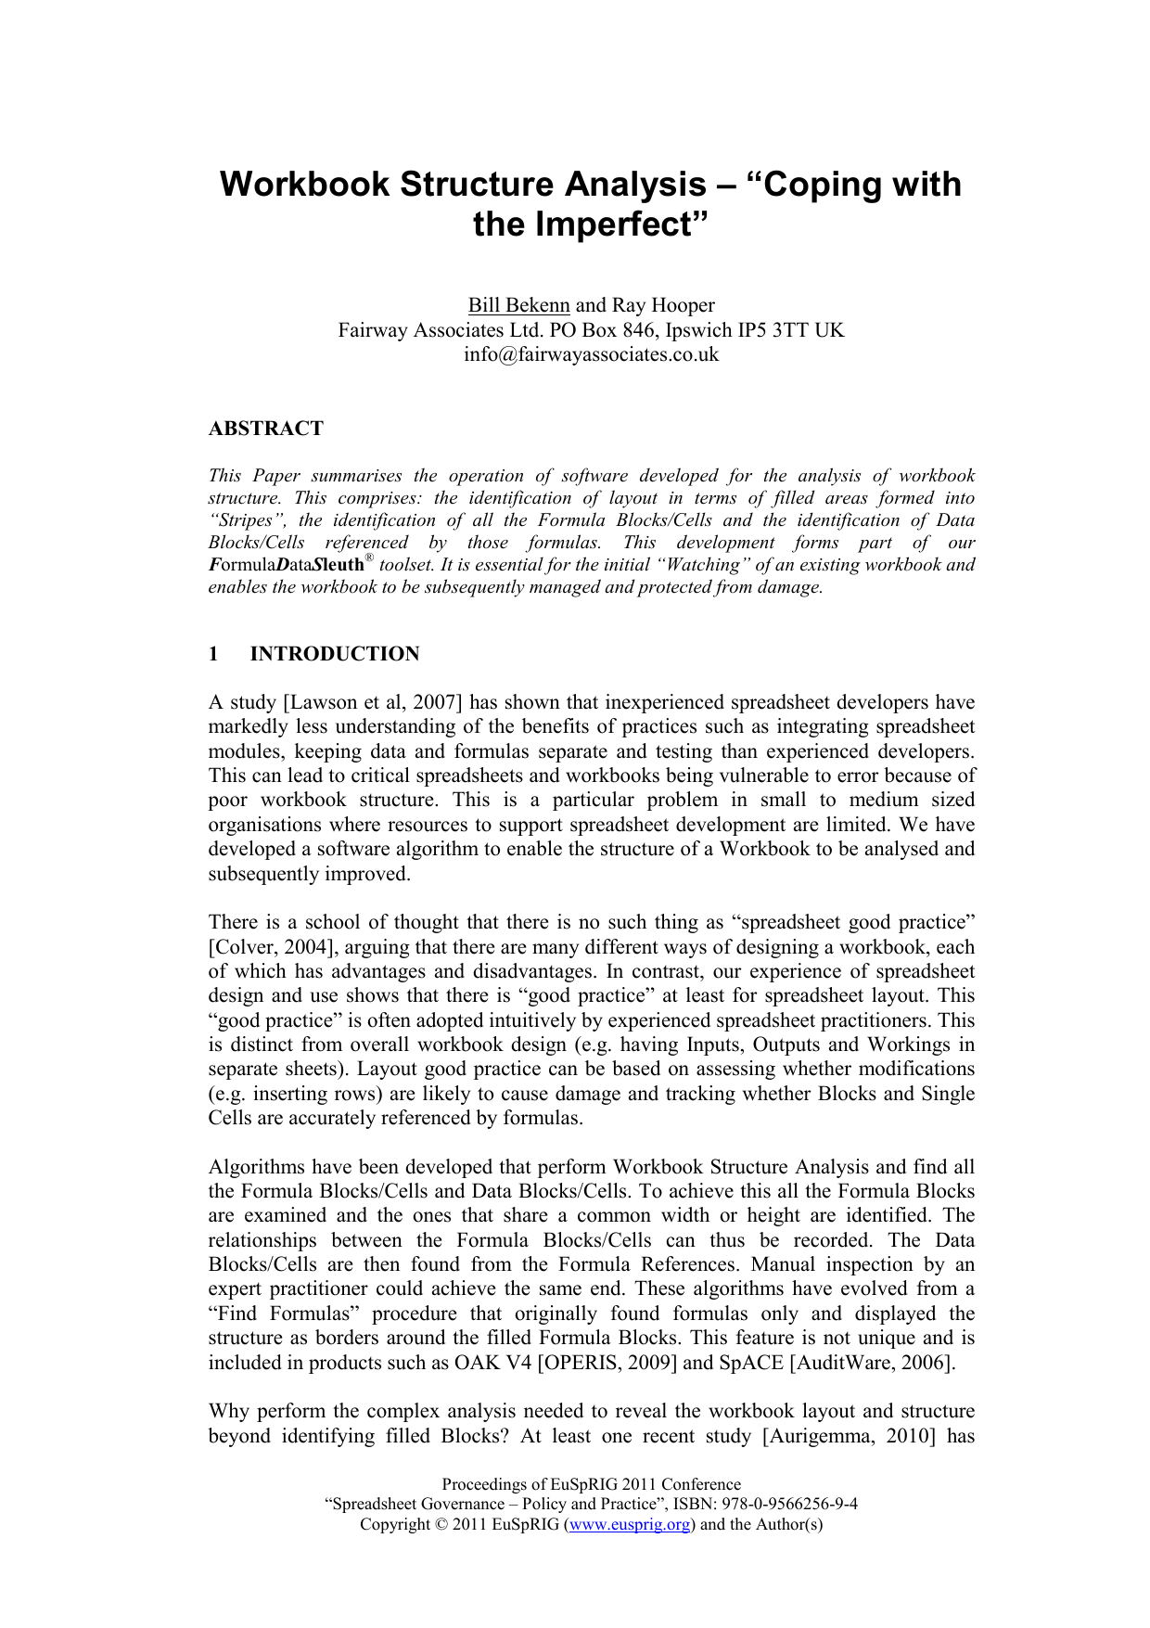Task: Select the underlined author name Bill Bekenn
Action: click(x=518, y=305)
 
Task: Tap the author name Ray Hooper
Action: click(x=663, y=305)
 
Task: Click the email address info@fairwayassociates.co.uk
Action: click(x=591, y=354)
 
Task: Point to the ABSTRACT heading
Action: click(x=266, y=429)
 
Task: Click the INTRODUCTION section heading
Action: click(x=335, y=654)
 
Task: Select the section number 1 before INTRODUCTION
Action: click(x=213, y=654)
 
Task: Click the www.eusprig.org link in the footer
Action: click(x=630, y=1524)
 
